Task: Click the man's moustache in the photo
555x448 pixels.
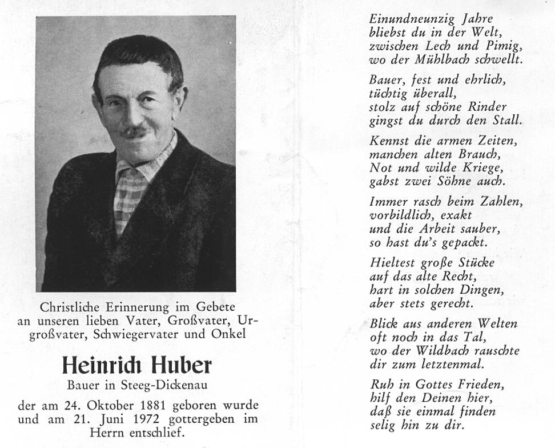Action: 135,133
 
